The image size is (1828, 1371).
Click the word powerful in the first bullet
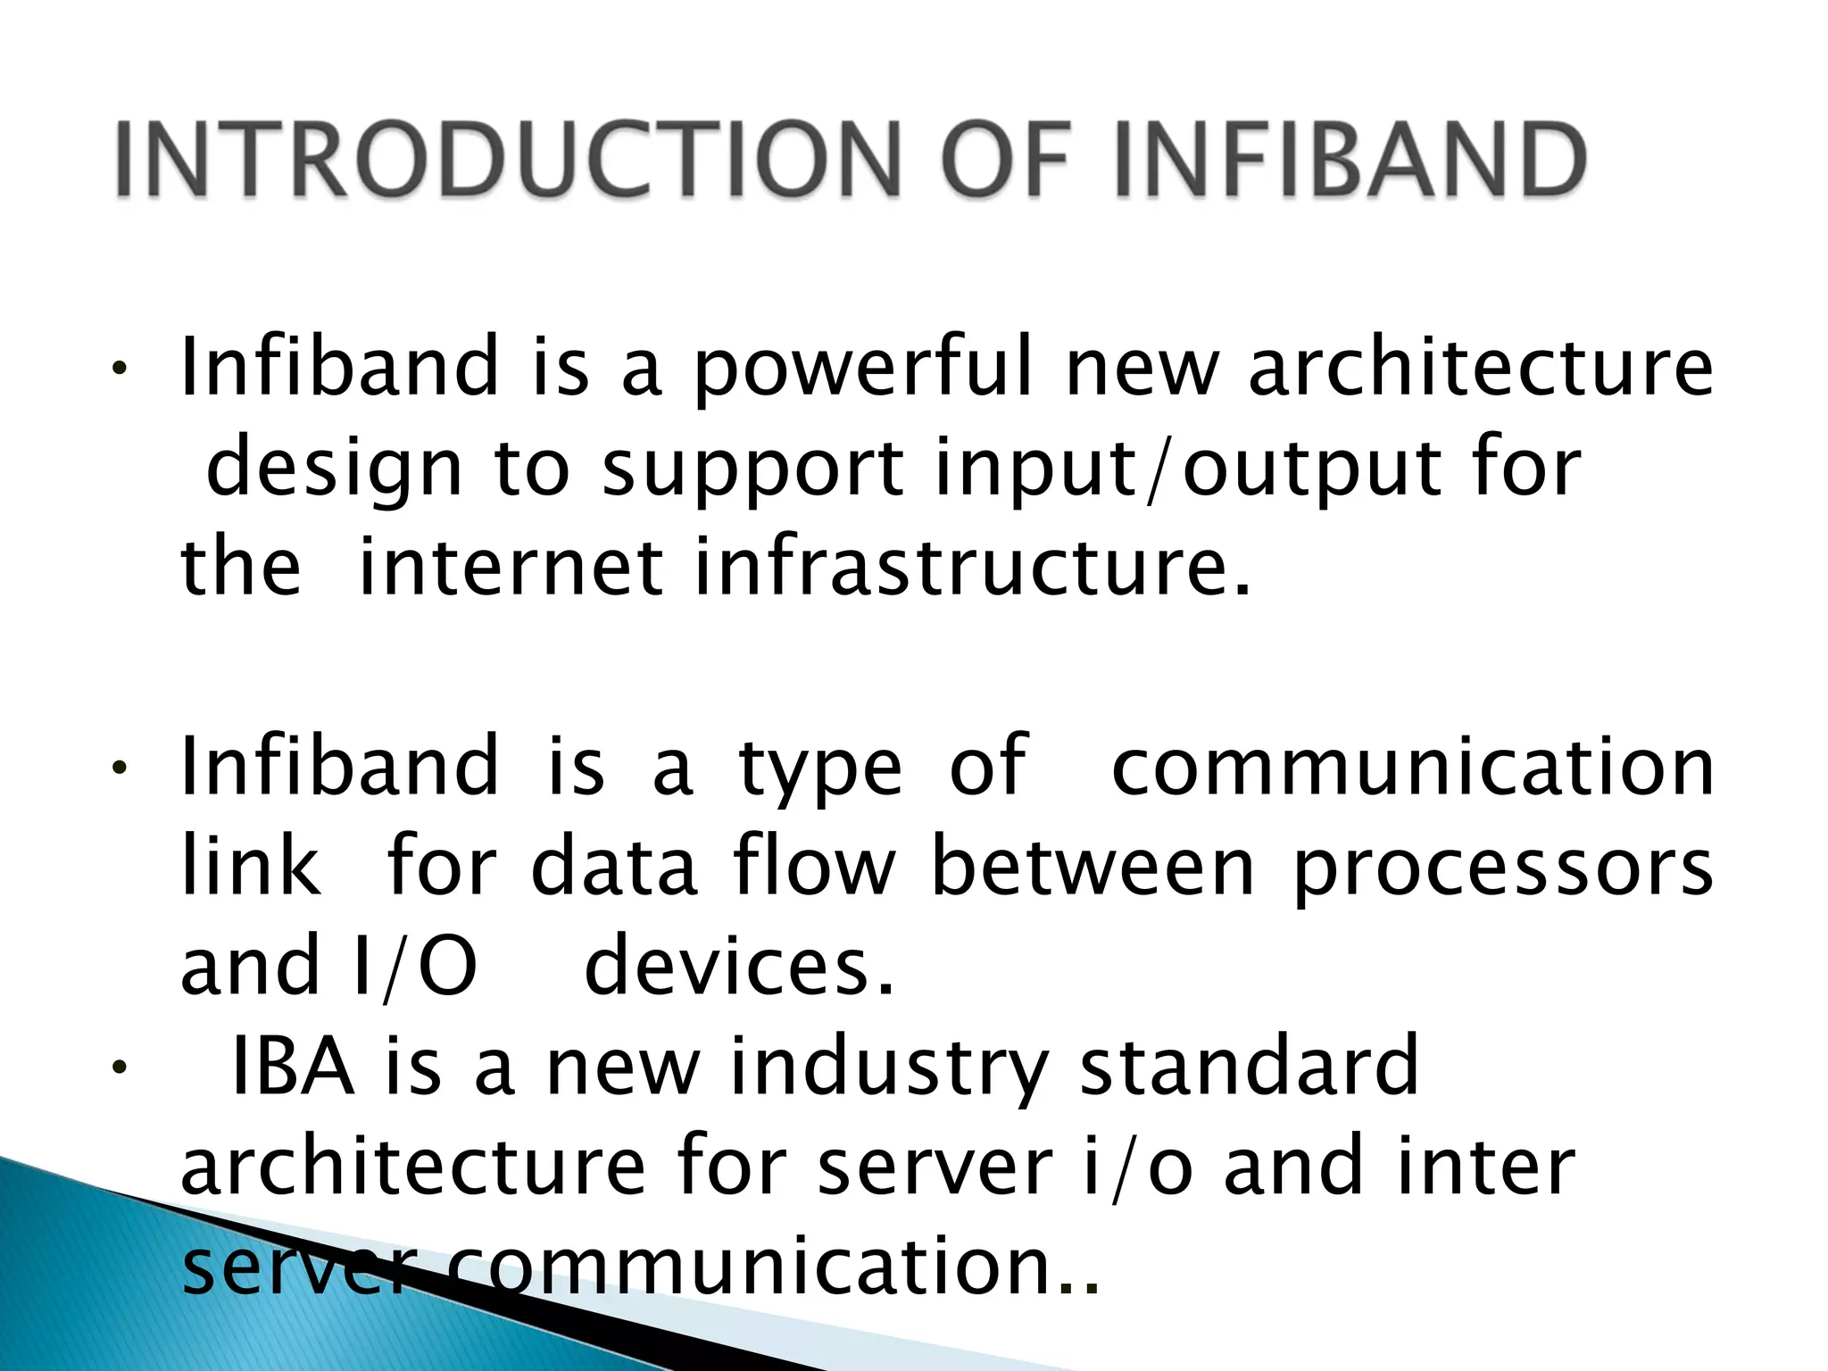coord(861,369)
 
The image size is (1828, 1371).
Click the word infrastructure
coord(972,568)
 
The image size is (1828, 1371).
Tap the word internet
coord(510,568)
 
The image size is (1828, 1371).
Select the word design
coord(335,469)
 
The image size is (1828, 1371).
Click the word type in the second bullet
coord(819,769)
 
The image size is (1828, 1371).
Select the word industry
coord(888,1068)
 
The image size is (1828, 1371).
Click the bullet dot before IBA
coord(118,1068)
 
